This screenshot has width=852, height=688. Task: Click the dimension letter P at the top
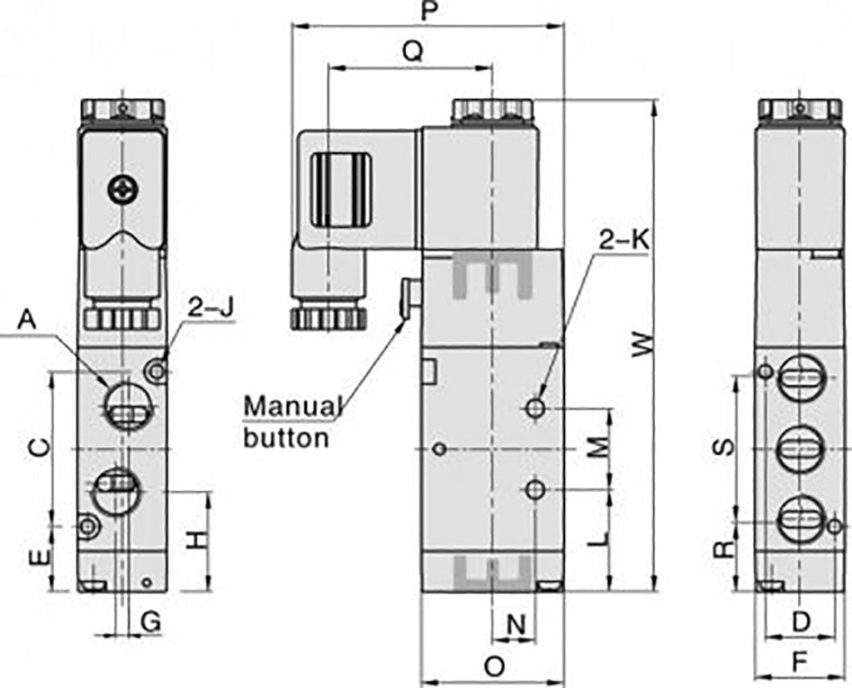(429, 11)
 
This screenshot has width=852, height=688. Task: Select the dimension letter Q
(412, 52)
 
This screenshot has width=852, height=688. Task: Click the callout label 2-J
(211, 307)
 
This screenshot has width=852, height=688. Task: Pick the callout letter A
(28, 319)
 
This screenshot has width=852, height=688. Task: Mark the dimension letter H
(195, 541)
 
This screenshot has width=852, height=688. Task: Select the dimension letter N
(517, 624)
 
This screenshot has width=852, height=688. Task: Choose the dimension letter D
(800, 621)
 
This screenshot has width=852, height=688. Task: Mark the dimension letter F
(800, 663)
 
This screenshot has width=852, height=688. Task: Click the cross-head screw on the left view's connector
(121, 191)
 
